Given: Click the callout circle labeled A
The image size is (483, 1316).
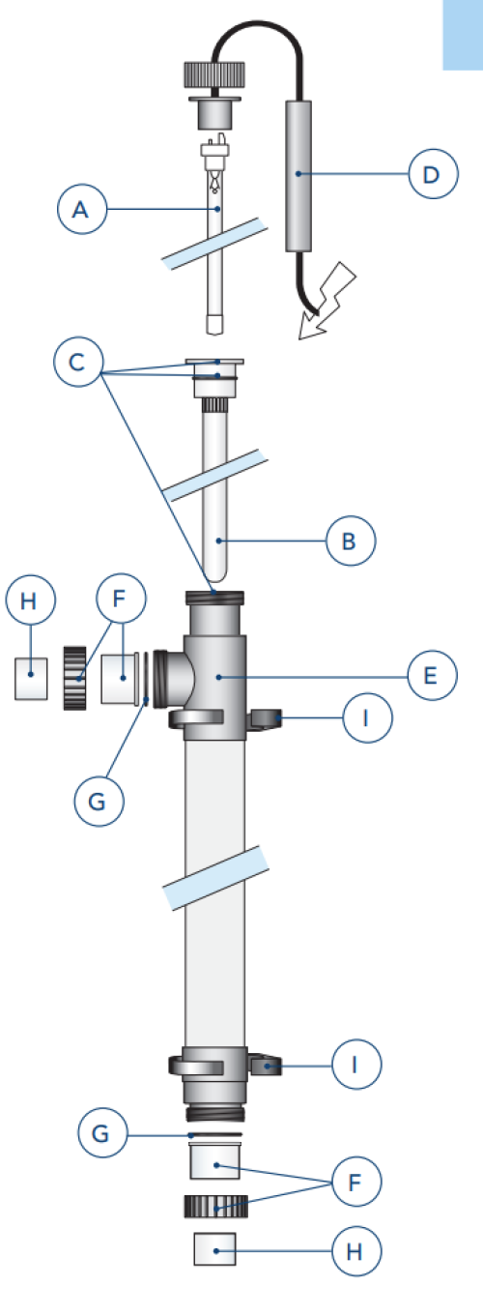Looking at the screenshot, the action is tap(82, 209).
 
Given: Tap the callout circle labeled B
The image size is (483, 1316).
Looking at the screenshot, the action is tap(351, 541).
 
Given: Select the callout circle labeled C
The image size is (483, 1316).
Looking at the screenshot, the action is tap(78, 362).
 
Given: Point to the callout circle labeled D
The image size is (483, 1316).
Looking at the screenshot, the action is tap(433, 174).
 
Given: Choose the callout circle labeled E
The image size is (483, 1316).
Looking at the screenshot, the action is tap(432, 675).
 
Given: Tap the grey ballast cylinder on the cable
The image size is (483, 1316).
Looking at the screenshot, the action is tap(298, 176).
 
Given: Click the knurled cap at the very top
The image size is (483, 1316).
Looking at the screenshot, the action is tap(214, 75).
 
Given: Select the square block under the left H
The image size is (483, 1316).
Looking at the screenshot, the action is tap(31, 679).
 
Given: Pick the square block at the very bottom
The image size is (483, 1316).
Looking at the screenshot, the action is tap(214, 1248).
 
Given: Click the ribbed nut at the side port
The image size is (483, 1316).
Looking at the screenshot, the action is tap(75, 678).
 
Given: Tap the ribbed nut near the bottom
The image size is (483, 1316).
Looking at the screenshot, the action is tap(216, 1206).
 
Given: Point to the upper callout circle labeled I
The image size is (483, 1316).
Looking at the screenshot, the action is tap(367, 717).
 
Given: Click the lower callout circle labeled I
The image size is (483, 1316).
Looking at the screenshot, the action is tap(356, 1064).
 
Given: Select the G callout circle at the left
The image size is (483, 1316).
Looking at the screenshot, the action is tap(99, 801).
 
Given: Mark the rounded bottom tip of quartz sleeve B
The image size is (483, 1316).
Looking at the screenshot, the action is tap(214, 577).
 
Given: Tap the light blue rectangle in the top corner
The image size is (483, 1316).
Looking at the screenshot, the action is tap(463, 35).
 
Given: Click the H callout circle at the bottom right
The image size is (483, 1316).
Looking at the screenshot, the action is tap(356, 1251).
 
